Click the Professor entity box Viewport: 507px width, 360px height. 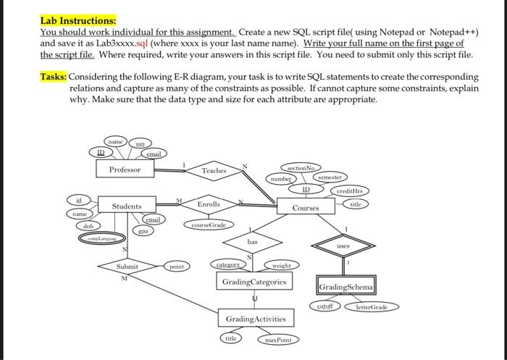pyautogui.click(x=125, y=169)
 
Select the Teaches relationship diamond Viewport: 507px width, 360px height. pyautogui.click(x=214, y=170)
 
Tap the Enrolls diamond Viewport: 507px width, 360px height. pyautogui.click(x=208, y=205)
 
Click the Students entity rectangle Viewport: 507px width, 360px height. pyautogui.click(x=127, y=206)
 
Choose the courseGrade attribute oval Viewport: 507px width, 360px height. pyautogui.click(x=207, y=225)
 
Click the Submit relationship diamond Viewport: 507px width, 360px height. pyautogui.click(x=126, y=267)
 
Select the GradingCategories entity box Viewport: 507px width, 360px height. pyautogui.click(x=254, y=281)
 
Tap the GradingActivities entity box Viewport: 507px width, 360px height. pyautogui.click(x=255, y=319)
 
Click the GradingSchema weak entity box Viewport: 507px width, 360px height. pyautogui.click(x=345, y=287)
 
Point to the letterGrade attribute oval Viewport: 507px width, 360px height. pyautogui.click(x=371, y=307)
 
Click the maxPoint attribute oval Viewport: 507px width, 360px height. pyautogui.click(x=277, y=339)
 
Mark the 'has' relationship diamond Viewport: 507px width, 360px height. pyautogui.click(x=252, y=242)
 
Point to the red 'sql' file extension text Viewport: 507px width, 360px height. pyautogui.click(x=143, y=43)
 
